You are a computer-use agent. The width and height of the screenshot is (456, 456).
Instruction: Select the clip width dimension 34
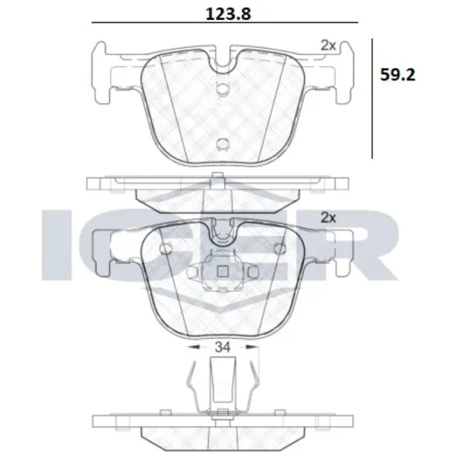click(x=223, y=347)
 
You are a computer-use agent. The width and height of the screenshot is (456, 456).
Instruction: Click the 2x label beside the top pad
click(x=328, y=45)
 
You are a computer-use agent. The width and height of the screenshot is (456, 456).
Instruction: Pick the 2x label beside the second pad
click(x=328, y=217)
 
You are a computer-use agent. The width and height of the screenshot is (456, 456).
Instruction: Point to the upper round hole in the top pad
click(x=223, y=90)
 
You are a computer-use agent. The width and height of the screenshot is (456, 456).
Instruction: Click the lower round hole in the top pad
click(x=223, y=144)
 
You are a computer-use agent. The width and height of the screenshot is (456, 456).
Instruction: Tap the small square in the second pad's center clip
click(x=223, y=274)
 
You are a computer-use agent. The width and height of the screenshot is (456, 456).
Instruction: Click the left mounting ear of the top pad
click(x=110, y=72)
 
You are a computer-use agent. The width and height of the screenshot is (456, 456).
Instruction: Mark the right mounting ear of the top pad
click(x=336, y=72)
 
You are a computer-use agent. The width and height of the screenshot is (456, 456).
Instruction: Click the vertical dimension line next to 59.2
click(x=372, y=99)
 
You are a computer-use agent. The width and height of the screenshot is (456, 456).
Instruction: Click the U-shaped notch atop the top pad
click(x=223, y=61)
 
